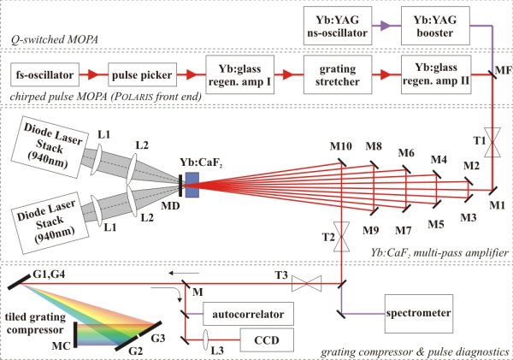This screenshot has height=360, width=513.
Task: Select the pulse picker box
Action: point(142,77)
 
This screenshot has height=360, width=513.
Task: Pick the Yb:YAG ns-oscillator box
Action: point(335,28)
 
